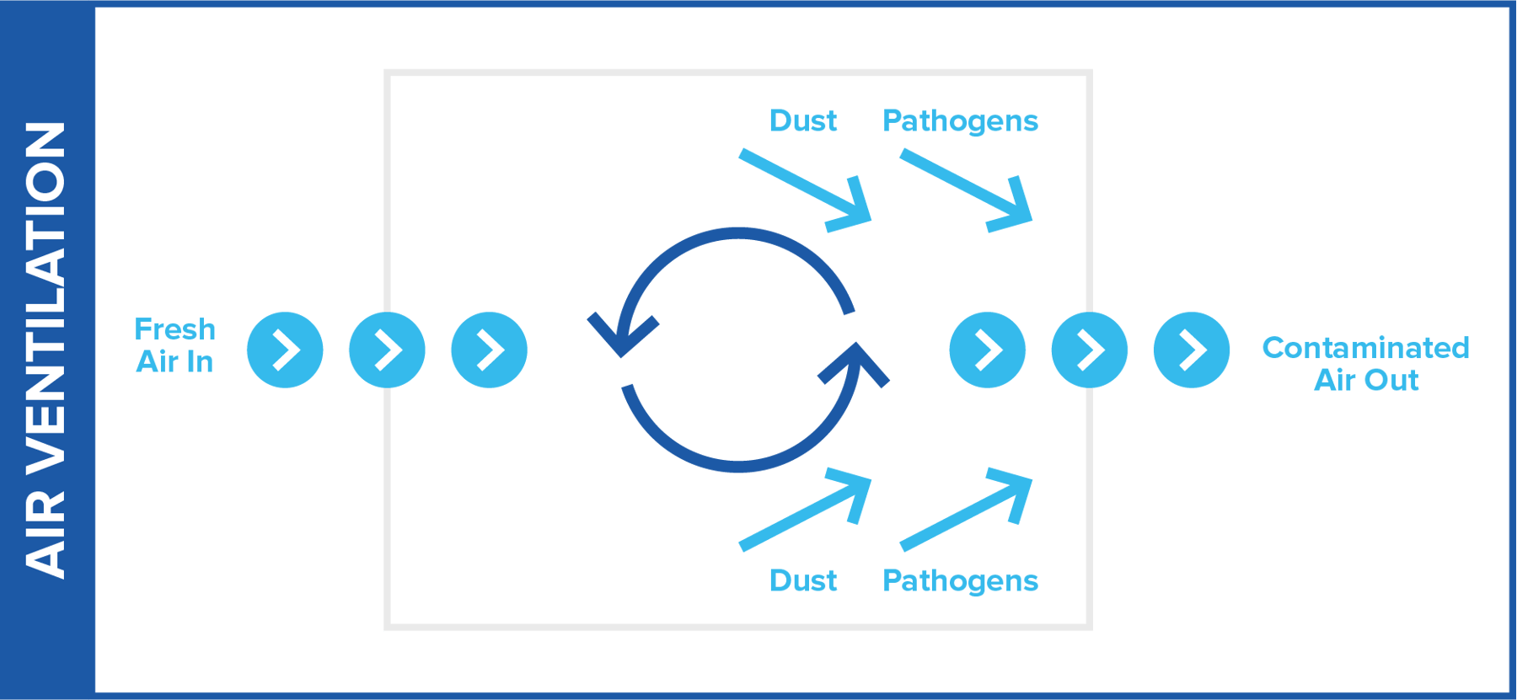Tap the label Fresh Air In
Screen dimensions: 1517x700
[x=175, y=345]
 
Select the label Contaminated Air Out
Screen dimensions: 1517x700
[x=1365, y=364]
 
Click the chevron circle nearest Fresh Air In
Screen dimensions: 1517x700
[x=285, y=350]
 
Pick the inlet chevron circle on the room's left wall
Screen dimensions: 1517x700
[x=387, y=350]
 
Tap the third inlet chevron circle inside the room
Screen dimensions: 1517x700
[x=489, y=350]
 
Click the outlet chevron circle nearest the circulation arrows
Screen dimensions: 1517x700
[x=987, y=350]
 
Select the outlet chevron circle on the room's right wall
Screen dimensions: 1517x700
[x=1089, y=350]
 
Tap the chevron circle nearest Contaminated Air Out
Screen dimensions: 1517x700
[x=1191, y=350]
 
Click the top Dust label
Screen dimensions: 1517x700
[x=803, y=121]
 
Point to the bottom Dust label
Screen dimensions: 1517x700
[x=803, y=580]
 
